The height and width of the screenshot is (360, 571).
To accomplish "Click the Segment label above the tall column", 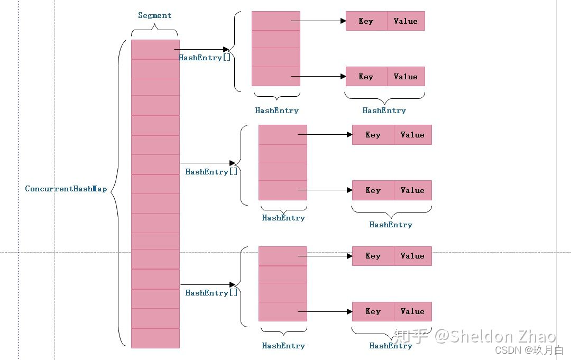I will click(x=154, y=15).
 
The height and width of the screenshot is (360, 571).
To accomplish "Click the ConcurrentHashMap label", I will click(x=66, y=189).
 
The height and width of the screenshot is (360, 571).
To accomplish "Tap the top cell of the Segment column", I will click(x=155, y=49).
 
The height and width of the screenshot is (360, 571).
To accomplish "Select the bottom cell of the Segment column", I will click(x=155, y=338).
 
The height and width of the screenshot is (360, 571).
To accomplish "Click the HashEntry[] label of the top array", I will click(x=205, y=58).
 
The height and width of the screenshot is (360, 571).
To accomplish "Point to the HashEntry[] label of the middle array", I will click(x=211, y=172).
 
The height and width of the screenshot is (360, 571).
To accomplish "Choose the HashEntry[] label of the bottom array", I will click(x=211, y=293).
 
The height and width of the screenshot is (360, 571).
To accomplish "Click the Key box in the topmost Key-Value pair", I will click(x=366, y=21).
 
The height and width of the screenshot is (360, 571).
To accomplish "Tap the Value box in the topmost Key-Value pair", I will click(x=406, y=21).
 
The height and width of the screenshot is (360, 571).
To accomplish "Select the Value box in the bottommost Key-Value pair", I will click(x=412, y=311).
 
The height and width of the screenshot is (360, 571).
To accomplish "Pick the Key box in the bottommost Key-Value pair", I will click(x=373, y=311).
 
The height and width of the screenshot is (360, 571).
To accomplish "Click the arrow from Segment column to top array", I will click(x=201, y=50).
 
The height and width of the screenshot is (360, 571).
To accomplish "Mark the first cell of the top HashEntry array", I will click(x=275, y=21).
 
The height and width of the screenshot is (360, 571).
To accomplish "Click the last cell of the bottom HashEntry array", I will click(x=282, y=311).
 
